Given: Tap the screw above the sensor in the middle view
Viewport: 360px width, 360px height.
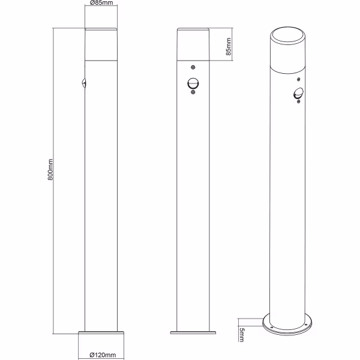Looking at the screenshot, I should click(192, 67).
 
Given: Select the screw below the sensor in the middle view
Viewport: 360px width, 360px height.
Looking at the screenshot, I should click(192, 92).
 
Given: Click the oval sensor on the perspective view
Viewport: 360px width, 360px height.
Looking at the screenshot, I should click(298, 93).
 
